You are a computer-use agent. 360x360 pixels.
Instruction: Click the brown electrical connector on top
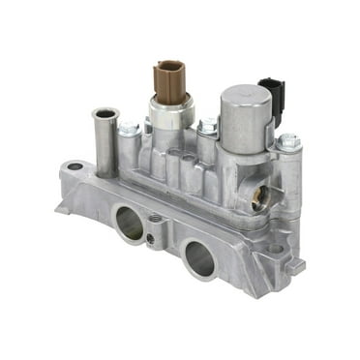click(168, 79)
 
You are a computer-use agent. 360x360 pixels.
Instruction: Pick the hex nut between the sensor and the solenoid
click(206, 126)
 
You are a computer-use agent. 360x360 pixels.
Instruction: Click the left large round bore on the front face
click(130, 224)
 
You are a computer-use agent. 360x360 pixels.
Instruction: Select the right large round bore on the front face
click(198, 256)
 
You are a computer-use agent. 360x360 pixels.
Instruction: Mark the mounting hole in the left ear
click(75, 166)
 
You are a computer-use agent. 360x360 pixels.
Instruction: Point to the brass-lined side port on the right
click(258, 200)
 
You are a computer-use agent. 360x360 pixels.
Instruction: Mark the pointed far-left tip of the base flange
click(56, 206)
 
